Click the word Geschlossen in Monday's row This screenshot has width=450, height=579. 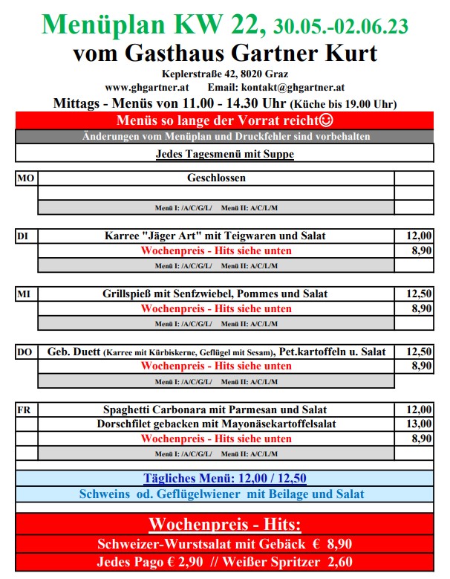[216, 178]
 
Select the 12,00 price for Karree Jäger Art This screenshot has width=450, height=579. [419, 236]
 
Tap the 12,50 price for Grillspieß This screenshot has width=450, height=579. [419, 294]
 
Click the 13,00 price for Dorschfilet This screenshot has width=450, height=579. [419, 424]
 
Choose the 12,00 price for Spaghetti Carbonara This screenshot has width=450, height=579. [419, 410]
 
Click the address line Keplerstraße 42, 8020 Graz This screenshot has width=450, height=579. [225, 74]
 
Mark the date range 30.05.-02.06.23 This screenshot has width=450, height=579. [340, 28]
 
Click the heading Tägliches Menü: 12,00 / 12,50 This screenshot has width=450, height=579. [224, 479]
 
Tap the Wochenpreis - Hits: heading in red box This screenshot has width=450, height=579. [224, 523]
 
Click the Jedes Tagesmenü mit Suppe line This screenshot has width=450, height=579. [224, 155]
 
